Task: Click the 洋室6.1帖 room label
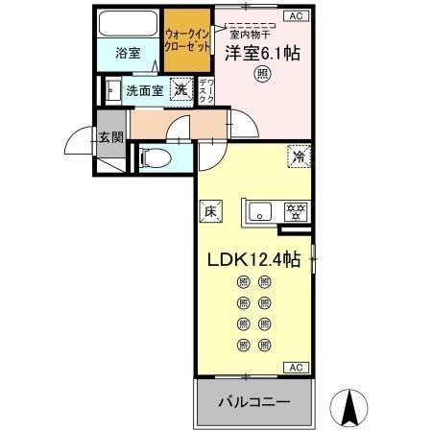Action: tap(262, 55)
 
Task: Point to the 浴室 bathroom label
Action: tap(130, 53)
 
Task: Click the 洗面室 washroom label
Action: tap(144, 92)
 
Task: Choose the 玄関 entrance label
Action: tap(109, 136)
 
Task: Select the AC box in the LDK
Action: tap(296, 368)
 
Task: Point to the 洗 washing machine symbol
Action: tap(180, 90)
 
